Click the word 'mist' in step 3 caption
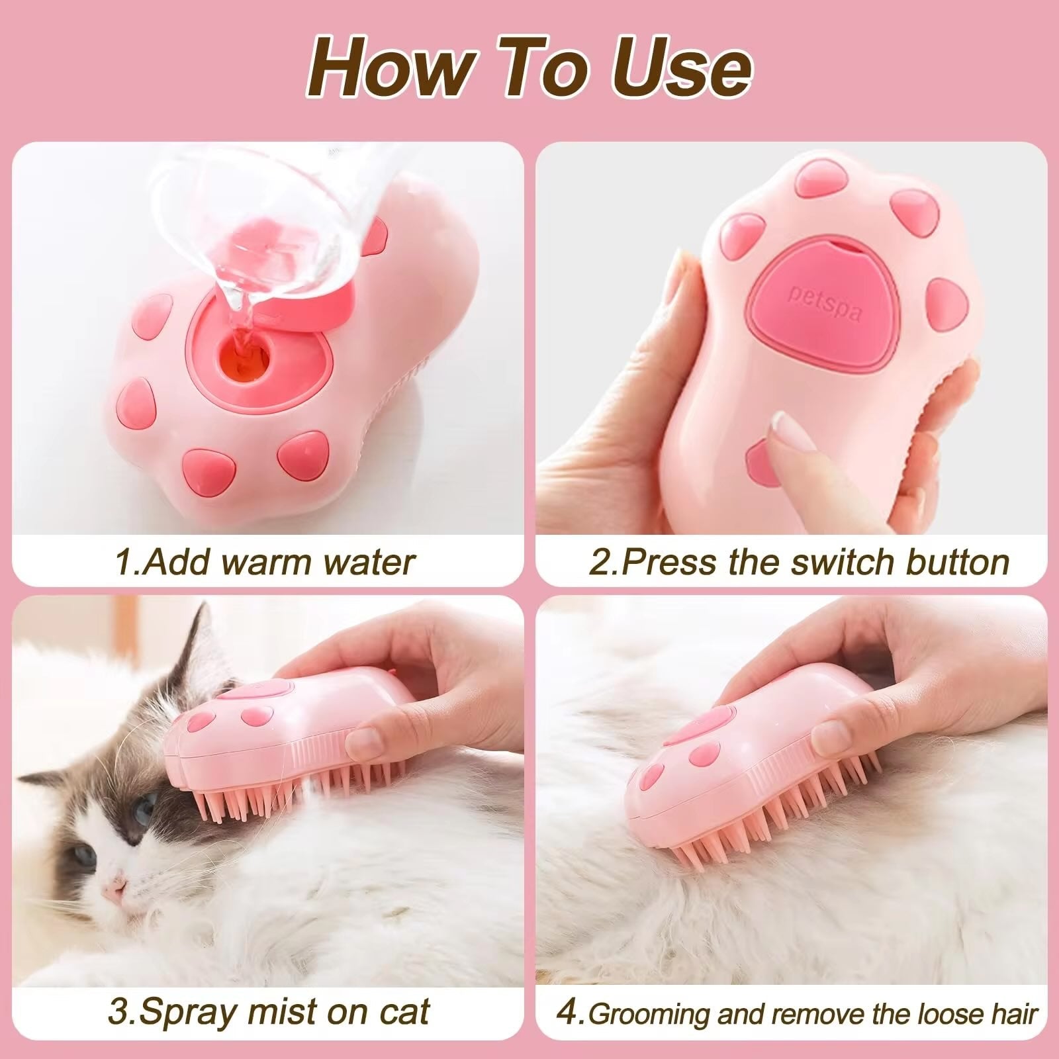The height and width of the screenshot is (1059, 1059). coord(281,1012)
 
